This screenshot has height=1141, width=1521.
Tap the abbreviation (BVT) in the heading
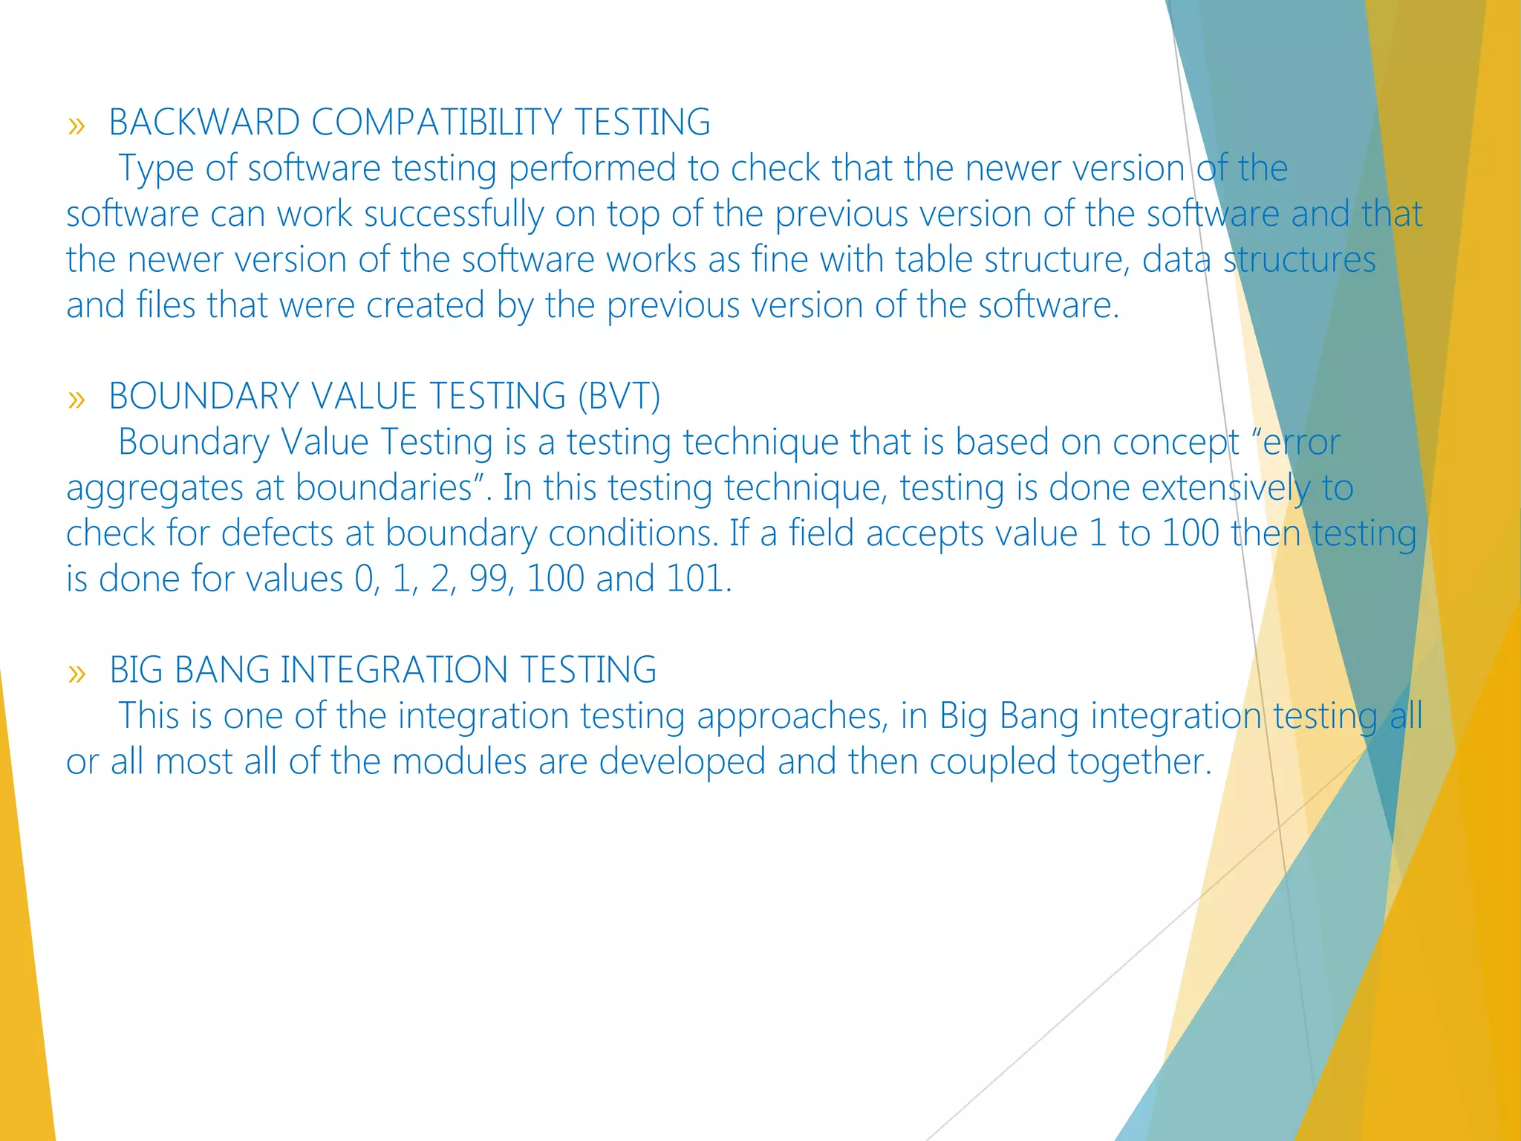click(x=619, y=395)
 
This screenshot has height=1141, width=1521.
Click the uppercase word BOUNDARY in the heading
click(x=204, y=395)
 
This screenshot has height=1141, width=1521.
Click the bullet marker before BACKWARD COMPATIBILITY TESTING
click(x=76, y=126)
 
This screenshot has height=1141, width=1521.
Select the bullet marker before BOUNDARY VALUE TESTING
click(x=76, y=400)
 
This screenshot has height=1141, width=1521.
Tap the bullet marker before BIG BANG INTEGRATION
click(x=76, y=673)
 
